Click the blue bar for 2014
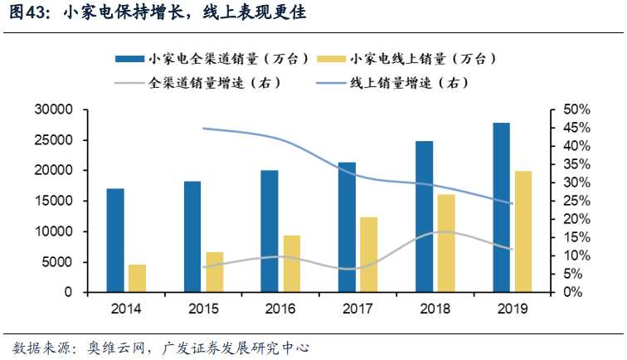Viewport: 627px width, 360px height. (115, 241)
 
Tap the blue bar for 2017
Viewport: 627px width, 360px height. (346, 227)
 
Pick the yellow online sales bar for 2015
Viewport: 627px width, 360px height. (214, 272)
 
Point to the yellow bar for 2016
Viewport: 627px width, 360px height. (291, 264)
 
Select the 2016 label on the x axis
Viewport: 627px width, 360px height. (279, 309)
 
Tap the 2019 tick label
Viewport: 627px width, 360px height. (510, 309)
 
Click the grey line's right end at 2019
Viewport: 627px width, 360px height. (513, 249)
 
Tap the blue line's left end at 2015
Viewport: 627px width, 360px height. (203, 129)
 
